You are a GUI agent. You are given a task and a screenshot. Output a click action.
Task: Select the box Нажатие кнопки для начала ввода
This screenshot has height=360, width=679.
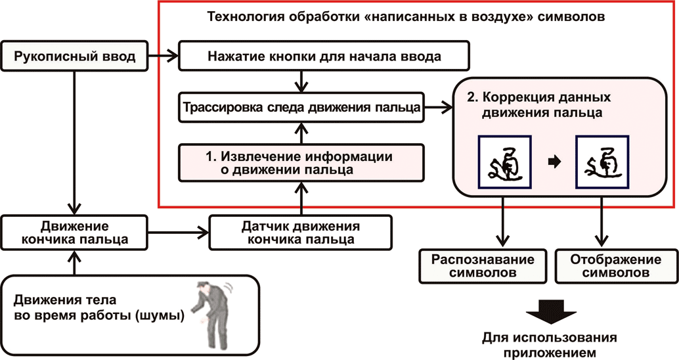coord(324,56)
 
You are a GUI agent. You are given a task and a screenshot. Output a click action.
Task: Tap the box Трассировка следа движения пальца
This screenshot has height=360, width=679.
coord(302,108)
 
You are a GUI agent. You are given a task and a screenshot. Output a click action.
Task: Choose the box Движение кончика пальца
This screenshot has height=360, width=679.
coord(74,233)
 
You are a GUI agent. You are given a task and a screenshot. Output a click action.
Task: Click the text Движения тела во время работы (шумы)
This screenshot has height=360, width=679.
coord(99,309)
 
